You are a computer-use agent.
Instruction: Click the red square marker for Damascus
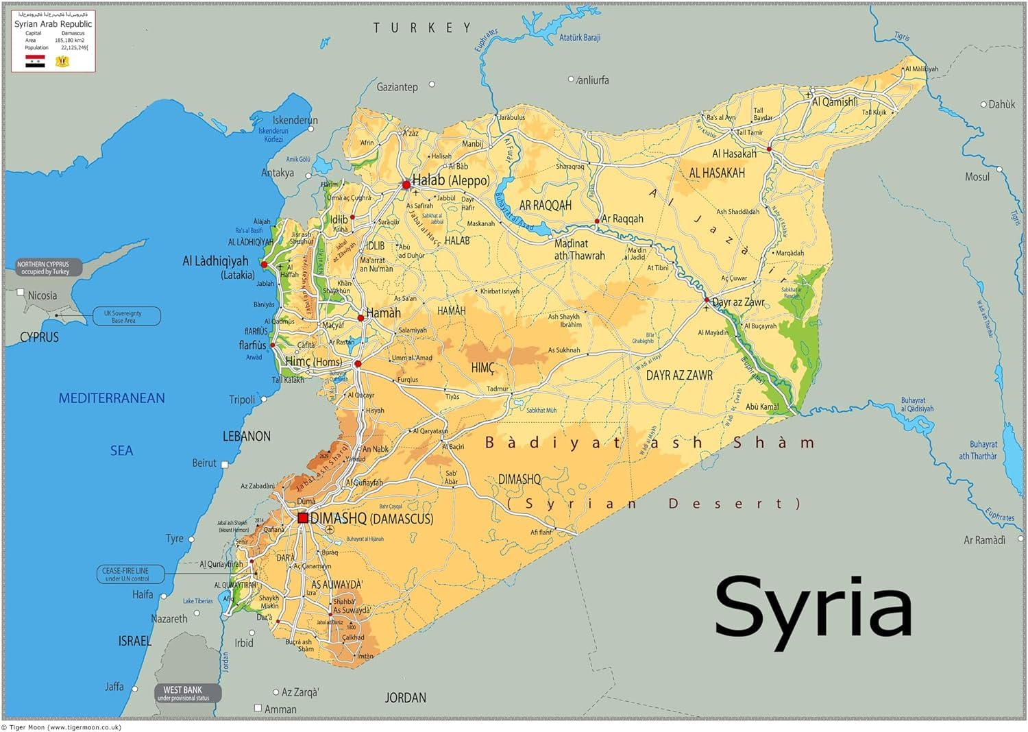pyautogui.click(x=303, y=518)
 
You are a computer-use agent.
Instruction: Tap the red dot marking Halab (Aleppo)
pyautogui.click(x=406, y=184)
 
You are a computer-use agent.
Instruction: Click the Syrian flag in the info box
pyautogui.click(x=35, y=61)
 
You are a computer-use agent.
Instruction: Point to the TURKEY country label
pyautogui.click(x=422, y=28)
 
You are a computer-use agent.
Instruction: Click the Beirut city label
pyautogui.click(x=204, y=463)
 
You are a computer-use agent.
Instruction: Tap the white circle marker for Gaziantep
pyautogui.click(x=432, y=84)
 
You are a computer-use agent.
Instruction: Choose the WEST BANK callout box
pyautogui.click(x=183, y=693)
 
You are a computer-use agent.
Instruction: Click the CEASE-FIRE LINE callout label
pyautogui.click(x=126, y=574)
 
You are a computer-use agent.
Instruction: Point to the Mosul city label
pyautogui.click(x=977, y=177)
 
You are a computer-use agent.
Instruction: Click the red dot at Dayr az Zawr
pyautogui.click(x=707, y=300)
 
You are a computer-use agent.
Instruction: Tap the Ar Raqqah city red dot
pyautogui.click(x=597, y=221)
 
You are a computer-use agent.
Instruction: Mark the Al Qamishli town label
pyautogui.click(x=834, y=102)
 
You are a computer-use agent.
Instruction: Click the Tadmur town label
pyautogui.click(x=498, y=389)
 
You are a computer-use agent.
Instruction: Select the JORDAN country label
pyautogui.click(x=405, y=698)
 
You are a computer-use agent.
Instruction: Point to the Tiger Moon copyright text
pyautogui.click(x=62, y=727)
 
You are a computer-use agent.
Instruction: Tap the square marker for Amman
pyautogui.click(x=258, y=708)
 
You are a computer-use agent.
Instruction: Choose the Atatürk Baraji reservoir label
pyautogui.click(x=579, y=38)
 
